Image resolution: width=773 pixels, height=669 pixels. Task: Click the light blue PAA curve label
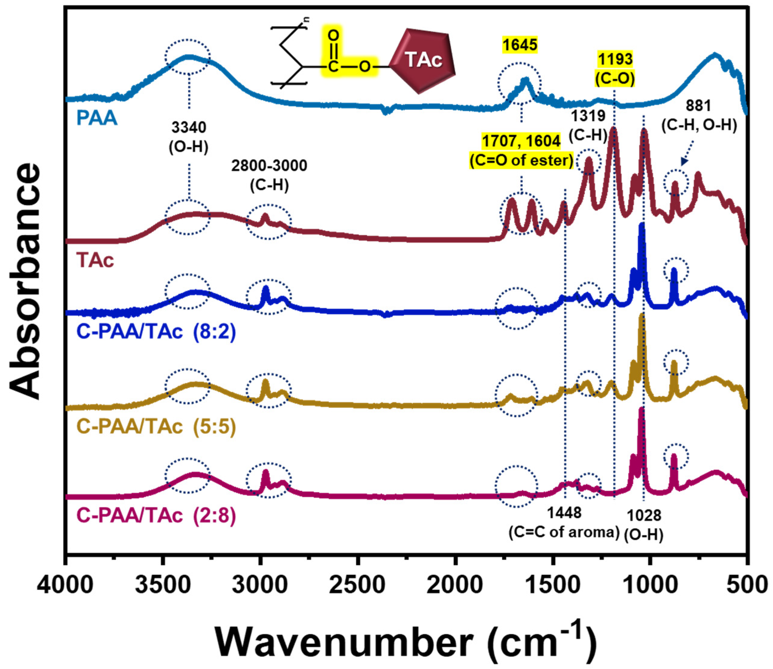click(97, 118)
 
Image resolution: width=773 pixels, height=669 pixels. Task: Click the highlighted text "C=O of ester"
click(521, 160)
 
